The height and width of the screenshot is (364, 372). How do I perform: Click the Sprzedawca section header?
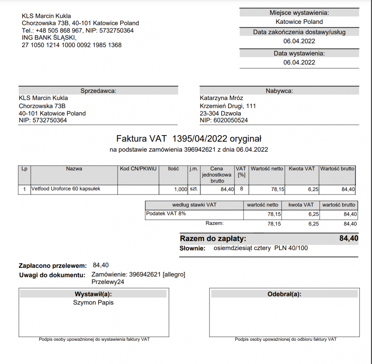[98, 91]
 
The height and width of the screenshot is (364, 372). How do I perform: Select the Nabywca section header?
[279, 91]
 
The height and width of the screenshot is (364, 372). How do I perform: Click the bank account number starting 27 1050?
[72, 45]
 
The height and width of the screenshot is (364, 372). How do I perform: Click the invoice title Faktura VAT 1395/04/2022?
[189, 139]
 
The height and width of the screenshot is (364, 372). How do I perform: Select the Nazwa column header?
[74, 169]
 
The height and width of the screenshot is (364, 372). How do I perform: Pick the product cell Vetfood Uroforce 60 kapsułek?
[66, 189]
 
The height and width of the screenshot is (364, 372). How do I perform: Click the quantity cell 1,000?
[180, 190]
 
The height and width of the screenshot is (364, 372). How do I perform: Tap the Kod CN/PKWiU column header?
[138, 169]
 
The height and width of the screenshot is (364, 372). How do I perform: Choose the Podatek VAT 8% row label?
[166, 214]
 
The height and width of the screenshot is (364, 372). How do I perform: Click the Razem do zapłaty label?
[213, 239]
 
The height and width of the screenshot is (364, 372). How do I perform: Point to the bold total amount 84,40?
[348, 239]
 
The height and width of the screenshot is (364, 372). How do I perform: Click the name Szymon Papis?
[93, 302]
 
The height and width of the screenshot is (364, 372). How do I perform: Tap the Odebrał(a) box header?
[284, 294]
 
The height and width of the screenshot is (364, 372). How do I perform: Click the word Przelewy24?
[108, 282]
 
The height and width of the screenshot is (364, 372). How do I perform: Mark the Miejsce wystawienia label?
[299, 13]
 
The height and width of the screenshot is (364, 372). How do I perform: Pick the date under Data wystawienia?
[299, 62]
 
